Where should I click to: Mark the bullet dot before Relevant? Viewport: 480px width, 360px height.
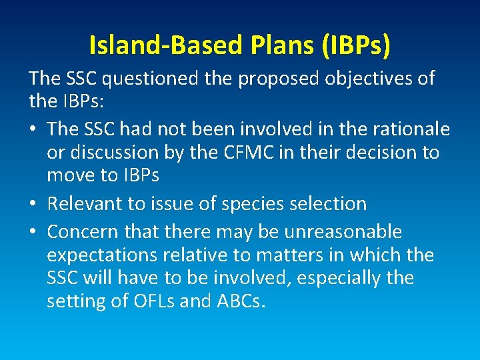(x=33, y=203)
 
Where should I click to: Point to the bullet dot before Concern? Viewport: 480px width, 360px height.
(x=33, y=232)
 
